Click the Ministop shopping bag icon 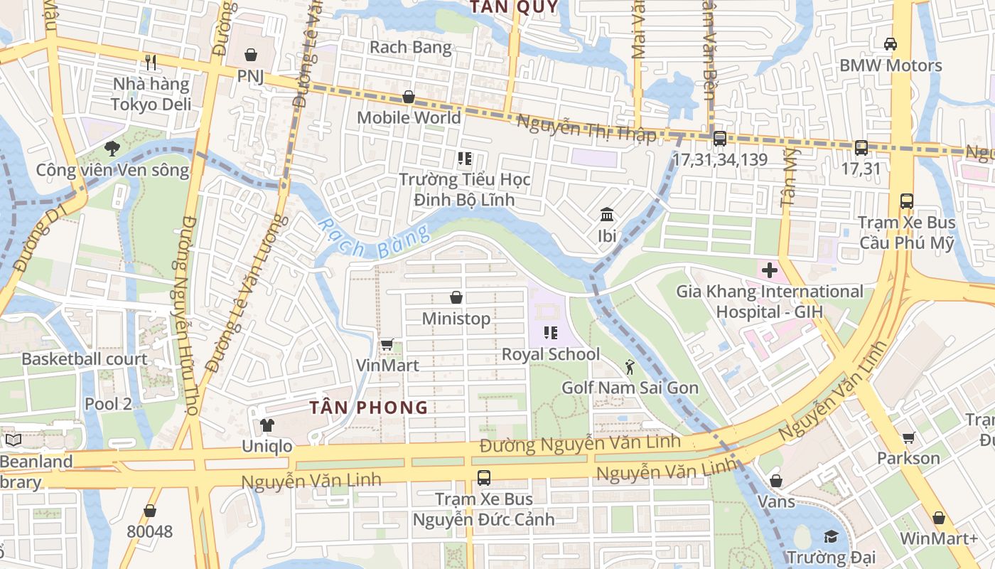456,297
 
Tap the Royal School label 551,354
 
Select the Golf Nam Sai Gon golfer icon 629,367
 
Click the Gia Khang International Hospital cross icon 769,270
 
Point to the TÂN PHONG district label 369,408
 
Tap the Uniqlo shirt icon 267,425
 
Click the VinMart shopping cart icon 387,345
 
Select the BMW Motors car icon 890,44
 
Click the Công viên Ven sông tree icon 112,149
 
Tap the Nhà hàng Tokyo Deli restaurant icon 150,63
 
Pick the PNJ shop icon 250,55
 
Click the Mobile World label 409,117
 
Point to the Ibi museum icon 607,215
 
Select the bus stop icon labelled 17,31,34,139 719,139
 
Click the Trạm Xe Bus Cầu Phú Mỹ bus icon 906,201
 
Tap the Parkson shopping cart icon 908,437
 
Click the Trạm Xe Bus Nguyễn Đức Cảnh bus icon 484,478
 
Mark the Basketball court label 85,359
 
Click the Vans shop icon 776,482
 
